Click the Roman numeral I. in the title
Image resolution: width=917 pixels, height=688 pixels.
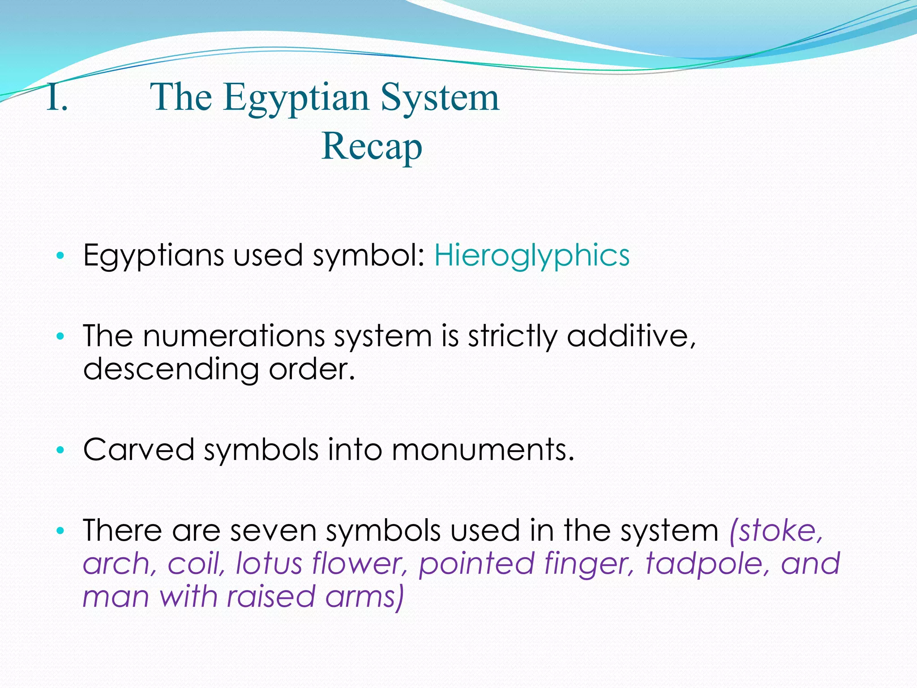click(x=57, y=97)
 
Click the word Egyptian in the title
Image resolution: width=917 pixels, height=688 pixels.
click(x=297, y=98)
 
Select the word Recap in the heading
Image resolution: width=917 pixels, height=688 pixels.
click(x=372, y=146)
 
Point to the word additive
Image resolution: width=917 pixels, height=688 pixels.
click(x=631, y=336)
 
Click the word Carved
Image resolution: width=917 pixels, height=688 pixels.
click(x=139, y=450)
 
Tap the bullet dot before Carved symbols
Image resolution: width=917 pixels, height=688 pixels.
click(x=60, y=450)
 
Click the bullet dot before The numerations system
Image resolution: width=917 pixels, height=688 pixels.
click(x=60, y=336)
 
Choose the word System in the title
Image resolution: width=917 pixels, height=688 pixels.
click(x=440, y=98)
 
